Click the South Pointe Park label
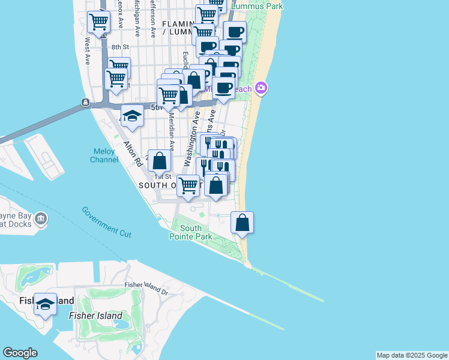(x=191, y=233)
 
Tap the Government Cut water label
(x=107, y=221)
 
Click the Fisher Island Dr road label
(x=146, y=288)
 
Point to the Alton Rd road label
(x=131, y=154)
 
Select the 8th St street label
(x=120, y=47)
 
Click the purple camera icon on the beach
(x=261, y=88)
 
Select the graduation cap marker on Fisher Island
(x=45, y=305)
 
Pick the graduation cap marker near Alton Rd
(x=133, y=116)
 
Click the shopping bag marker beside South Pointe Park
(x=242, y=223)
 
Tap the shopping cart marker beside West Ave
(x=98, y=23)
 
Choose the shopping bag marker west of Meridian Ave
(x=159, y=161)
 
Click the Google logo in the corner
(x=20, y=353)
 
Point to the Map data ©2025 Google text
(x=412, y=355)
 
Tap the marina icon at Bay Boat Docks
(x=41, y=218)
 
